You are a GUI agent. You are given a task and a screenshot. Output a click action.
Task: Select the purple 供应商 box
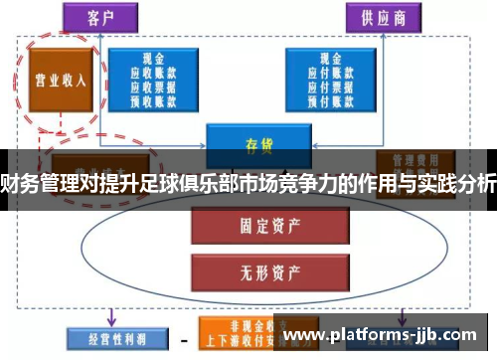click(381, 17)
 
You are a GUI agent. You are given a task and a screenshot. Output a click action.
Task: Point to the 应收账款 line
click(153, 73)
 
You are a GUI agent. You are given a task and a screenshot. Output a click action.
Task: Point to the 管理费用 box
click(409, 159)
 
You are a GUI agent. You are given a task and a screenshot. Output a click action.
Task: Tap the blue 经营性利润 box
click(110, 338)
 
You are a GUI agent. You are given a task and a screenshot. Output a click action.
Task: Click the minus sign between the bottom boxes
click(185, 339)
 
